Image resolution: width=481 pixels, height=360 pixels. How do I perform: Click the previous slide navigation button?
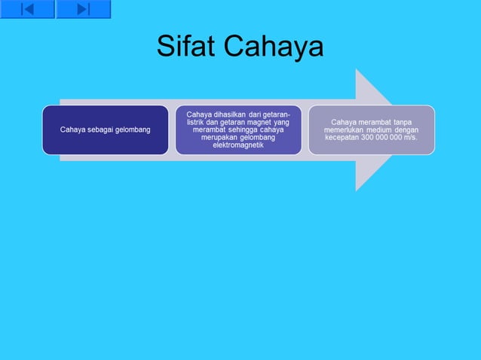tap(27, 9)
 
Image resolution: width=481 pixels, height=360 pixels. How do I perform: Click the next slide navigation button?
tap(83, 9)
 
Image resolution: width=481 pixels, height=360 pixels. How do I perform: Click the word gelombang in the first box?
tap(130, 130)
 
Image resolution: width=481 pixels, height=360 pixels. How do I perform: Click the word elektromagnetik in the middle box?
tap(238, 145)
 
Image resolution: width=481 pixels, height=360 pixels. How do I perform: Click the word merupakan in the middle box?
tap(219, 138)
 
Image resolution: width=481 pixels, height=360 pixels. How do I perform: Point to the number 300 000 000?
tap(381, 138)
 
